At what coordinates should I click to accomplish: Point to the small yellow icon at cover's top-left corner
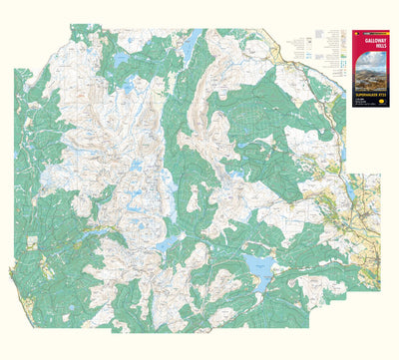(x=357, y=28)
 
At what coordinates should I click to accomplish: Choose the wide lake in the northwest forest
(x=121, y=61)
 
